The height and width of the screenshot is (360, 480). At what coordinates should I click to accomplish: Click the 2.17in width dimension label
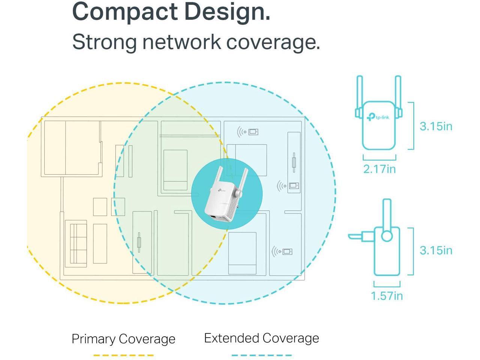379,169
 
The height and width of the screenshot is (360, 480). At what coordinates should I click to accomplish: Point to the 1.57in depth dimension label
387,296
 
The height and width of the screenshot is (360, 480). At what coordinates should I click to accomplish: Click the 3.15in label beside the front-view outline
436,126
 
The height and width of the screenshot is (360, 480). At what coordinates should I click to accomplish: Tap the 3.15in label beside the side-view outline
436,250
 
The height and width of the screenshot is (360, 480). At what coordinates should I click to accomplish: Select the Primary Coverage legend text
123,339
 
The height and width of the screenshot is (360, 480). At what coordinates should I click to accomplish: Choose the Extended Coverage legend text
261,338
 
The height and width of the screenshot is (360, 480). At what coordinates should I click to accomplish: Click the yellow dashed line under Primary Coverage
123,355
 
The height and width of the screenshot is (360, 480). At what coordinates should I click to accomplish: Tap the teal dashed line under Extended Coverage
261,355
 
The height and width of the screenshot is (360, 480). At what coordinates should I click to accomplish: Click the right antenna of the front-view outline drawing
398,94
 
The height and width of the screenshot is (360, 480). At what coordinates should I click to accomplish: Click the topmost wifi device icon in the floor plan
248,132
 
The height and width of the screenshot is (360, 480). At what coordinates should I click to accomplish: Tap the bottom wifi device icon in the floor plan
282,251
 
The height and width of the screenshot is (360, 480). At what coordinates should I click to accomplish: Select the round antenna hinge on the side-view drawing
387,236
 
